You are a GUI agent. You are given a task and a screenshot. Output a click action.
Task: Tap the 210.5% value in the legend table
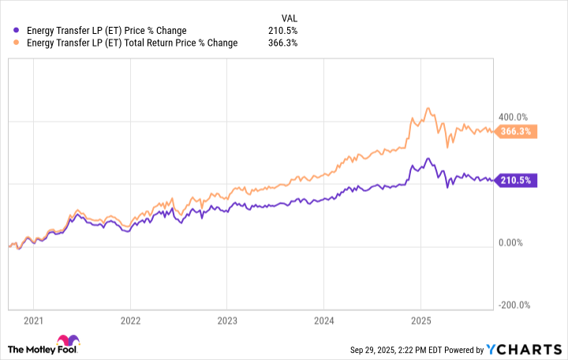click(x=283, y=31)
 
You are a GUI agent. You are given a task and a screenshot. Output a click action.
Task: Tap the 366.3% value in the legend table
click(x=283, y=43)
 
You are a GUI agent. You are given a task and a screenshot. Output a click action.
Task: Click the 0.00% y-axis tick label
click(x=516, y=242)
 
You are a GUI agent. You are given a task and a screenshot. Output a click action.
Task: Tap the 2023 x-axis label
click(x=226, y=321)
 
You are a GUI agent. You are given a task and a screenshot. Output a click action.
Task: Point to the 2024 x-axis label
click(x=323, y=321)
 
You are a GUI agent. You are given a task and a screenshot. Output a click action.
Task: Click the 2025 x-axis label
click(x=420, y=321)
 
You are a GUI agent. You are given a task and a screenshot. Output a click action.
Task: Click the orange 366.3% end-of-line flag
click(x=518, y=132)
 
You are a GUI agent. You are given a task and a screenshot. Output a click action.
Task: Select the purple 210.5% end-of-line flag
click(x=518, y=181)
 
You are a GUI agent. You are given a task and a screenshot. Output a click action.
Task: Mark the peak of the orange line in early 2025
click(x=428, y=109)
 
